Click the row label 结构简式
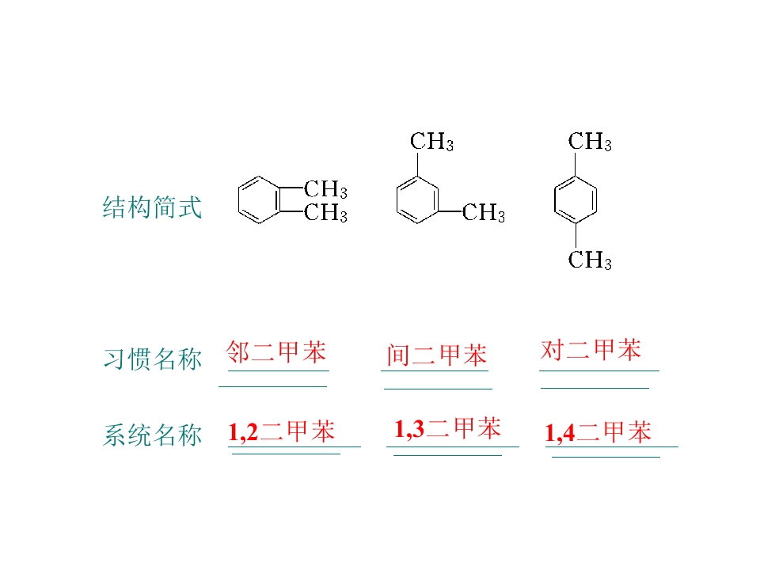tap(152, 207)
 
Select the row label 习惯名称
tap(152, 359)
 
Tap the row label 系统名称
tap(152, 435)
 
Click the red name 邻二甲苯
tap(275, 351)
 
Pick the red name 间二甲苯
tap(436, 355)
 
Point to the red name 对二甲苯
tap(591, 349)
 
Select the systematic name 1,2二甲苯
tap(281, 431)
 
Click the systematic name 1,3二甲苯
tap(447, 428)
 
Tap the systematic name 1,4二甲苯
tap(598, 432)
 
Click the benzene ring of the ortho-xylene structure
tap(238, 199)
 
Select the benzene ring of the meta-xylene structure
tap(397, 199)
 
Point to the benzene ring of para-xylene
tap(555, 199)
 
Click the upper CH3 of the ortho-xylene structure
tap(325, 189)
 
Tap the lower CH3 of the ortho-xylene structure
tap(325, 212)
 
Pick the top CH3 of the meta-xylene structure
tap(432, 142)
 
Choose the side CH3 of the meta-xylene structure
tap(484, 212)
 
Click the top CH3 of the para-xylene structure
tap(590, 142)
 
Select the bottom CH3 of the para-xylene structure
tap(590, 260)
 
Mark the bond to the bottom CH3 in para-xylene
tap(576, 236)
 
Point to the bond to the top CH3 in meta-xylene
tap(417, 165)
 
